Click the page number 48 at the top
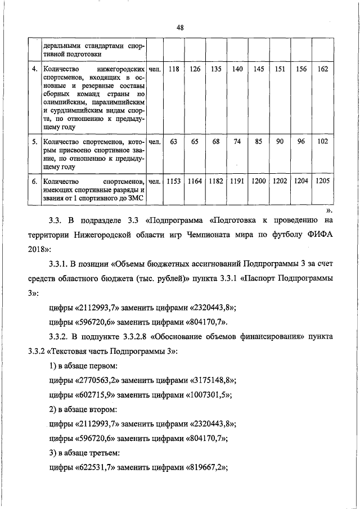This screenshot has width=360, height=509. click(180, 27)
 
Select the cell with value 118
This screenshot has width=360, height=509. click(174, 69)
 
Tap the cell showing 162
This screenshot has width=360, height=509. click(322, 69)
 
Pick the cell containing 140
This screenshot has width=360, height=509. click(237, 69)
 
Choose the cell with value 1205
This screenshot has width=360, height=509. click(322, 181)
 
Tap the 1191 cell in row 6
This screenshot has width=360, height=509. click(237, 181)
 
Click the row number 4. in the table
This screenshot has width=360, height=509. click(34, 69)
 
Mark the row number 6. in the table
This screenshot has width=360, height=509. click(34, 181)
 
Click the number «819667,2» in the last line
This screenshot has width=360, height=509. click(209, 468)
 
